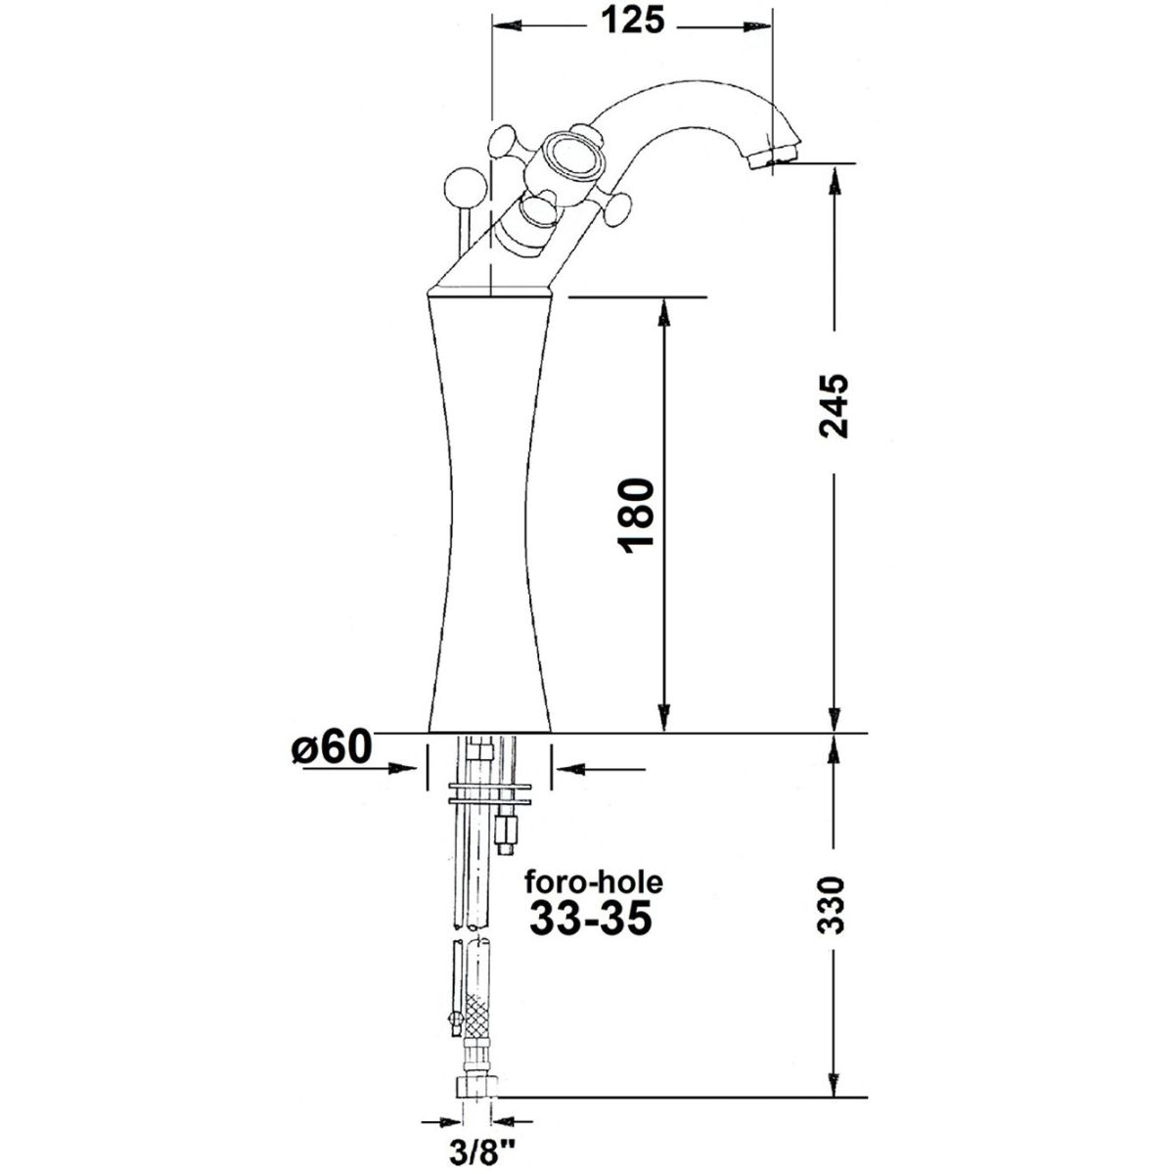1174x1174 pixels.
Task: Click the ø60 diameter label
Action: [331, 746]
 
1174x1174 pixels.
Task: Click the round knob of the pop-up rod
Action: [465, 188]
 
